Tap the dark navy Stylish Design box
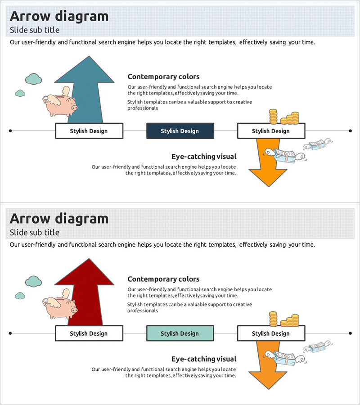click(180, 131)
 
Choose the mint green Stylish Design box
click(180, 333)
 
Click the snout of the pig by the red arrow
click(74, 310)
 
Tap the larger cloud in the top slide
click(34, 79)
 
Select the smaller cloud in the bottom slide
click(20, 296)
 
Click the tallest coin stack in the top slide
click(273, 116)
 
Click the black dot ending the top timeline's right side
click(350, 131)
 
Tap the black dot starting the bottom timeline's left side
click(10, 333)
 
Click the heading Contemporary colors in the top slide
click(163, 76)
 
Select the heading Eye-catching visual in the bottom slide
click(204, 359)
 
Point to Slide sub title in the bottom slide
click(35, 233)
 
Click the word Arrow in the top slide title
click(30, 16)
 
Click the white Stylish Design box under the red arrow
click(89, 333)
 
